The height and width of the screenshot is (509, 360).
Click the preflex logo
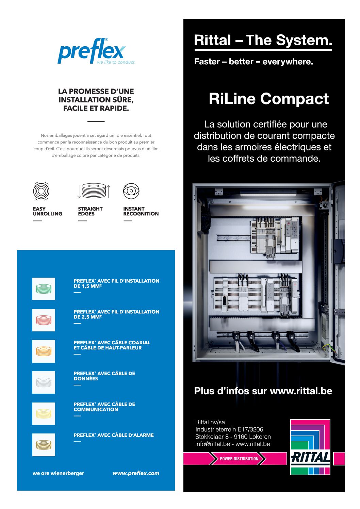[x=96, y=51]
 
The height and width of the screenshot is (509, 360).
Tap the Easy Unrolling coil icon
[x=41, y=191]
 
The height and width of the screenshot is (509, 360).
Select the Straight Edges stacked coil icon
[x=94, y=191]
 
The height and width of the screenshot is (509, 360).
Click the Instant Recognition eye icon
[x=131, y=191]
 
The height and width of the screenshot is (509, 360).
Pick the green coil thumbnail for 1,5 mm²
[x=44, y=289]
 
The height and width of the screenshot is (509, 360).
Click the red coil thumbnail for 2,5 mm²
[x=44, y=320]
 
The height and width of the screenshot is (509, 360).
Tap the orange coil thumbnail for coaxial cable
[x=44, y=351]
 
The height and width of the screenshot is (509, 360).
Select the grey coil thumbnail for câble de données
[x=44, y=382]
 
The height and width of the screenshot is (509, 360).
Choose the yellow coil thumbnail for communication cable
[x=44, y=414]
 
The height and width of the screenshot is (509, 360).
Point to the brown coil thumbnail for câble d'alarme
[x=44, y=445]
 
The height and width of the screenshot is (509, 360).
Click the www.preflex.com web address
[x=136, y=473]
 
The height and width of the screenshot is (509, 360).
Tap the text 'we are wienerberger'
[x=59, y=473]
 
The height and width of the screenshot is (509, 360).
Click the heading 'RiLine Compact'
[x=268, y=99]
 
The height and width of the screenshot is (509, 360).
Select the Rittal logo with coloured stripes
[x=310, y=447]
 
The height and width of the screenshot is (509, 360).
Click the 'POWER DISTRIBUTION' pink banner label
[x=239, y=459]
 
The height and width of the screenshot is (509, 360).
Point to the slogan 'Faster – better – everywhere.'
[x=253, y=62]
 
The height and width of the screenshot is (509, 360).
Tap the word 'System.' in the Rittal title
[x=304, y=40]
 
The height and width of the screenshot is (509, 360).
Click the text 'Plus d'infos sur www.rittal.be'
[x=263, y=391]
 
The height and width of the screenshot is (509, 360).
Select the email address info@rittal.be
[x=213, y=444]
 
